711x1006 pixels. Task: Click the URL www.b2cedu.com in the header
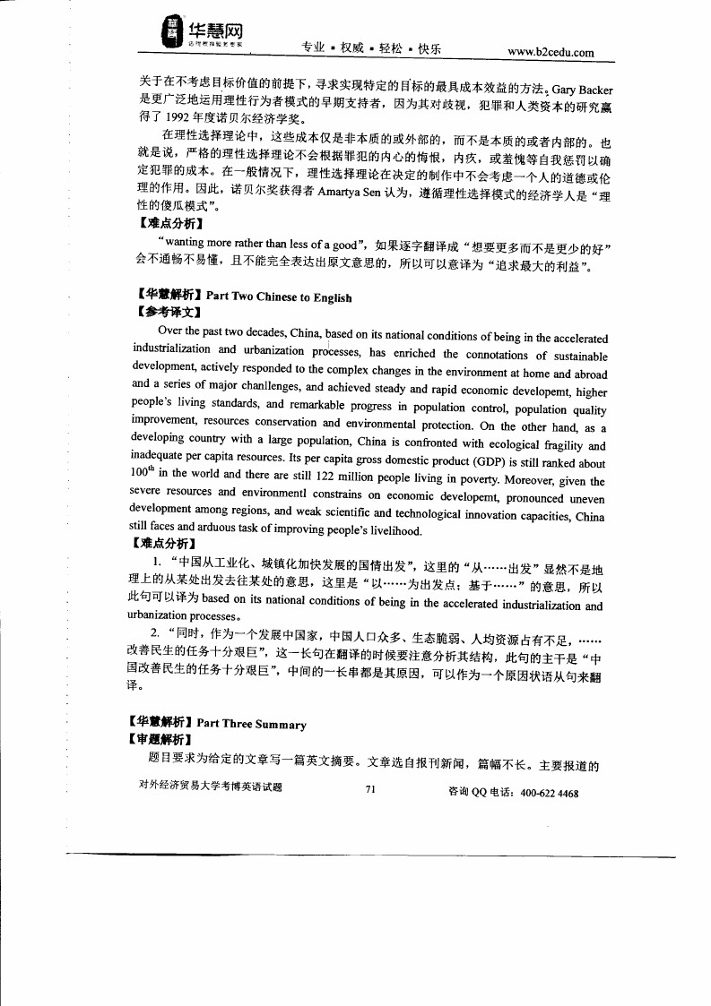[x=551, y=52]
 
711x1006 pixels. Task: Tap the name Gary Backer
[x=582, y=90]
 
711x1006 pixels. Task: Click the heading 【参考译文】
[x=166, y=314]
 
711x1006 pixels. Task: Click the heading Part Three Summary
[x=256, y=724]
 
